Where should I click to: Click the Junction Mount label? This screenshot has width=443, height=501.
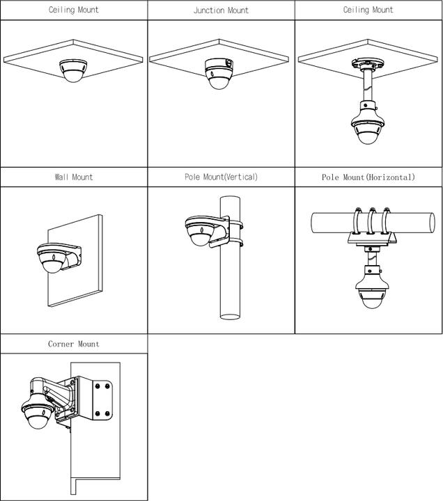pos(221,10)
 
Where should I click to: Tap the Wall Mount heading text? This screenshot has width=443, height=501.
pos(73,177)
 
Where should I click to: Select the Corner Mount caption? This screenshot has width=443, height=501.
pos(73,344)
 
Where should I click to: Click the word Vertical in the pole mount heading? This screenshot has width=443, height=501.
pos(240,177)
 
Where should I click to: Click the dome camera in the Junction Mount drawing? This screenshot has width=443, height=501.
pos(220,72)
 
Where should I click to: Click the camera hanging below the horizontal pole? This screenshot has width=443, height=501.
pos(368,293)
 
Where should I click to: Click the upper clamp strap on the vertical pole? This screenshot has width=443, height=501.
pos(235,224)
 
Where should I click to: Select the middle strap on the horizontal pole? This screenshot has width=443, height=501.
pos(372,220)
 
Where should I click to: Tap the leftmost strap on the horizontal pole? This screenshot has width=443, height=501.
pos(357,220)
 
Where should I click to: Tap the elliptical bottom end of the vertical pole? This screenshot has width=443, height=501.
pos(231,316)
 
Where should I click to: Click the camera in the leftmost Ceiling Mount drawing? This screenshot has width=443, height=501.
pos(73,71)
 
